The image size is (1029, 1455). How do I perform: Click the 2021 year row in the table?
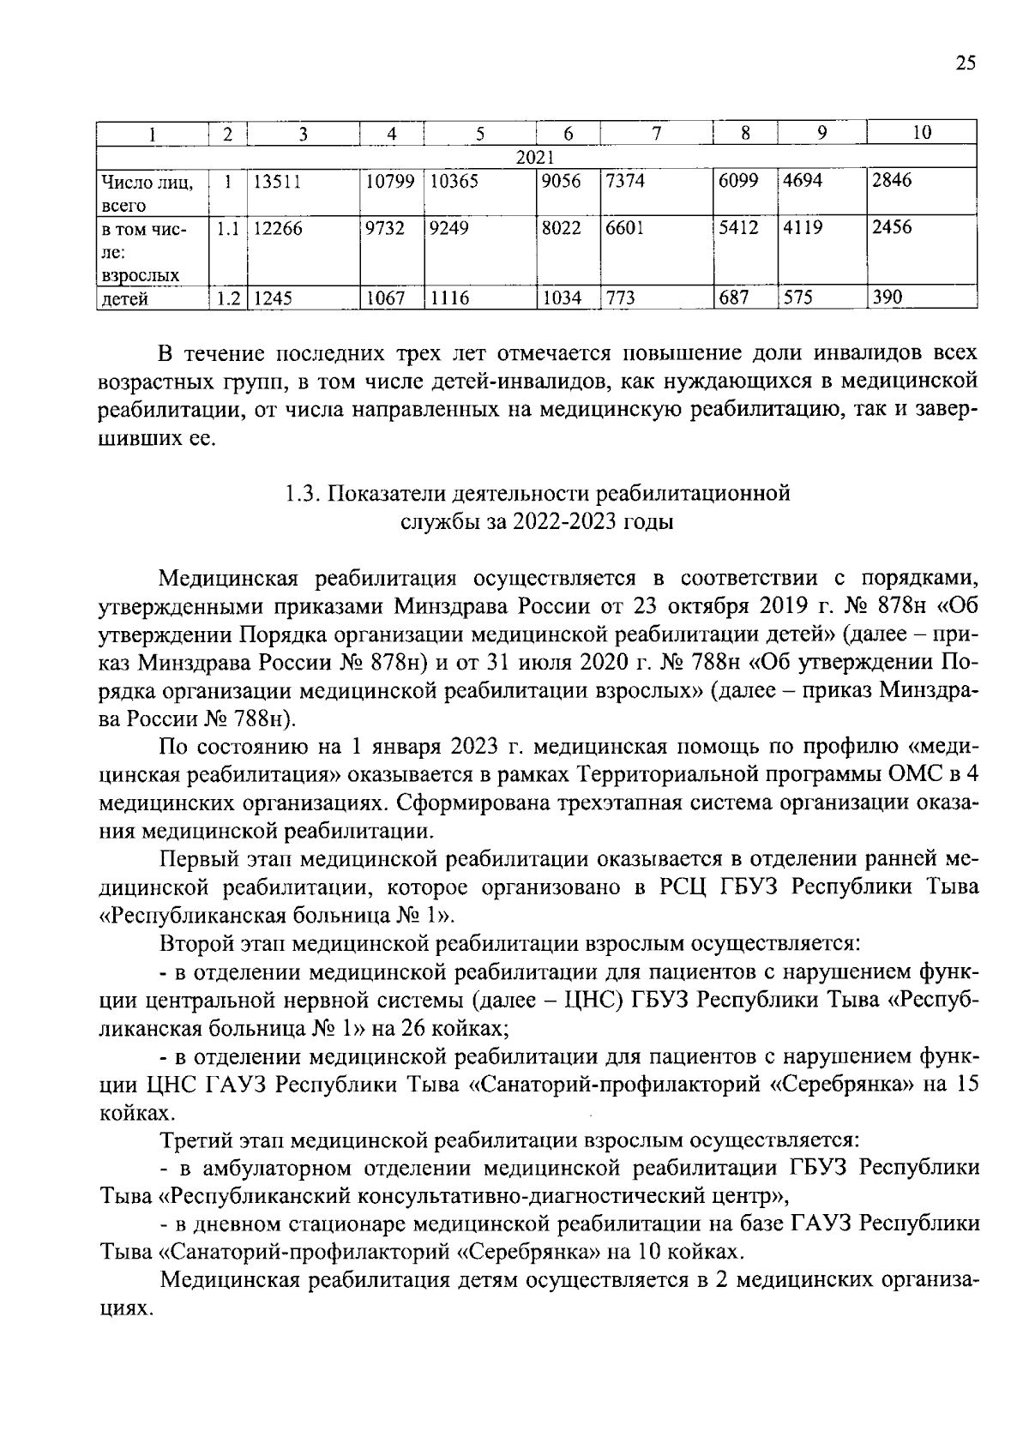point(536,157)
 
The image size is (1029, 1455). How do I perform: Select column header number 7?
point(657,133)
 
